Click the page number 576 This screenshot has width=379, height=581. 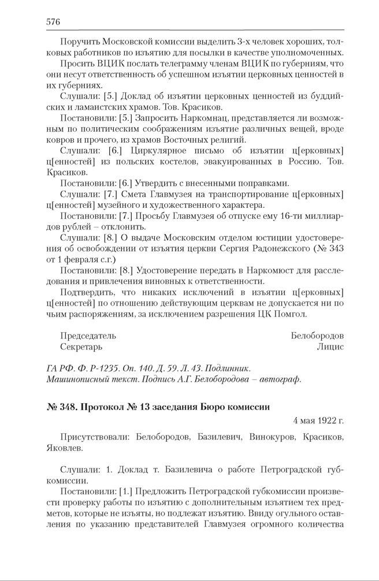click(x=53, y=22)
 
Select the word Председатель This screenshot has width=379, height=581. click(x=88, y=336)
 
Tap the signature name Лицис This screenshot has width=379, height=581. click(x=330, y=347)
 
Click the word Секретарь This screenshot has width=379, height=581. click(x=81, y=347)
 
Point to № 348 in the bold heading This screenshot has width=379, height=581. click(x=59, y=406)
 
